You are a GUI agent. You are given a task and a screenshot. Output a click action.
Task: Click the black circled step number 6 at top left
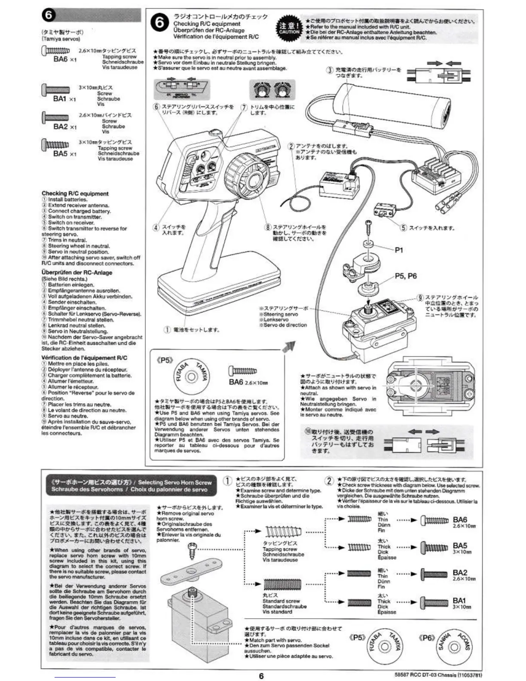point(49,16)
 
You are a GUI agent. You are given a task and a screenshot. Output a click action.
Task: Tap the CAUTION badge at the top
point(289,28)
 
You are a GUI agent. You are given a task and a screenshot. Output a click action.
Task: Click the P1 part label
point(399,250)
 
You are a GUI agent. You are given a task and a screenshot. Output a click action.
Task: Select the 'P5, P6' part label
point(406,276)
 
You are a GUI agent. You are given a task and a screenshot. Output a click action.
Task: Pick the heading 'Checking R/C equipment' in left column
point(75,193)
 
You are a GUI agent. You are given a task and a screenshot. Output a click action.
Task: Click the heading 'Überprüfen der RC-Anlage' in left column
point(76,273)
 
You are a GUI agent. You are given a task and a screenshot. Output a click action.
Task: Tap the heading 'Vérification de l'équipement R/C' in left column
point(84,358)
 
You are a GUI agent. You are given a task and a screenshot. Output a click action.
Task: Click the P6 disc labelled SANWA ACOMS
point(455,647)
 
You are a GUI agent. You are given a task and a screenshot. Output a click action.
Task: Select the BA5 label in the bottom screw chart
point(460,546)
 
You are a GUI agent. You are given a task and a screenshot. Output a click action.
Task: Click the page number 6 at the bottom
point(261,675)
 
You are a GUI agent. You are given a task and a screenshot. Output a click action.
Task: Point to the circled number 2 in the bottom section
point(329,481)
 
